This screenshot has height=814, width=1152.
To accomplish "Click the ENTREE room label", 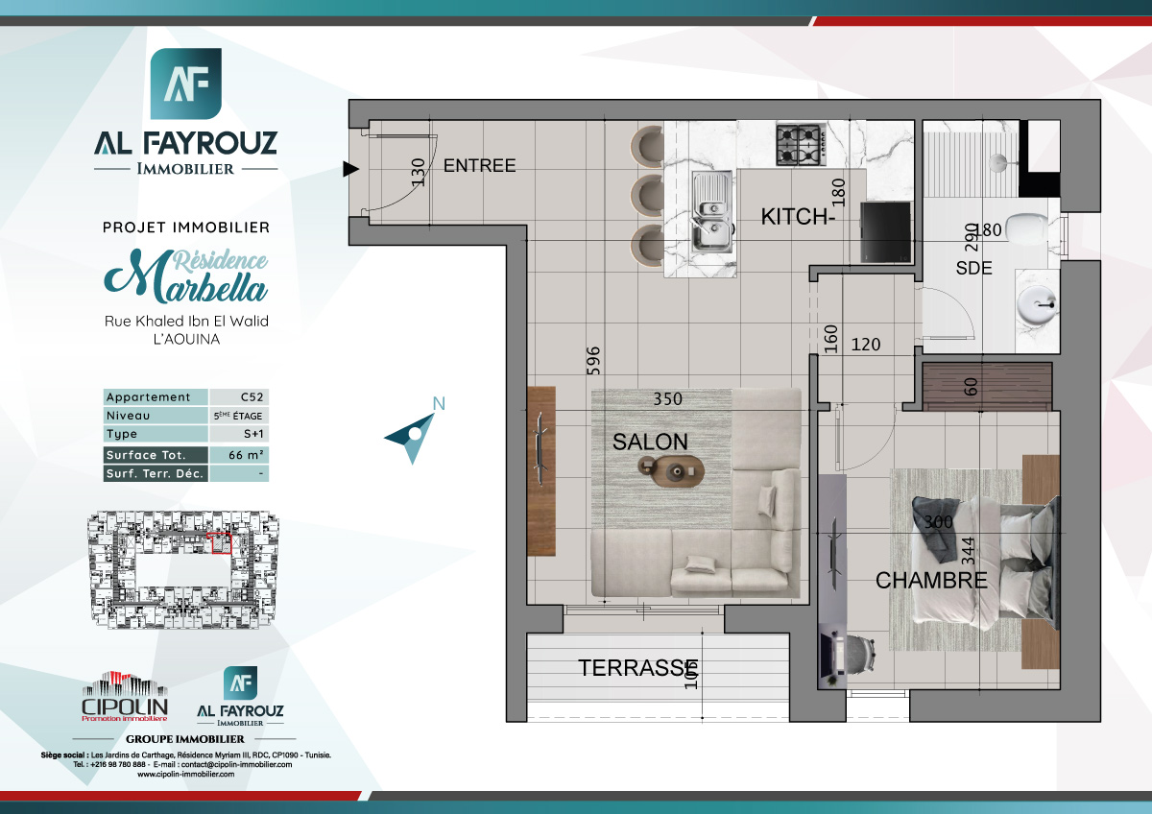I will (x=479, y=165).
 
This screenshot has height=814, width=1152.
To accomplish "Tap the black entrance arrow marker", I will (x=351, y=170).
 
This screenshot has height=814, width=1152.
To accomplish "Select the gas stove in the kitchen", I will (x=799, y=143).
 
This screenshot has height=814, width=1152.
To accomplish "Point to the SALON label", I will (x=650, y=442).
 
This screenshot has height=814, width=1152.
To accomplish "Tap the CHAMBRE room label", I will (x=930, y=580).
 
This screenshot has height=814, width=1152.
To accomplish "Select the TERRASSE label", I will (x=637, y=668).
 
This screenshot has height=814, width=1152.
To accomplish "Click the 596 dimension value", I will (x=594, y=364).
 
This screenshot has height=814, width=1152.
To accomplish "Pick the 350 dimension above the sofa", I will (x=668, y=398).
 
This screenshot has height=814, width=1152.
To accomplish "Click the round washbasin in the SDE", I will (x=1036, y=305).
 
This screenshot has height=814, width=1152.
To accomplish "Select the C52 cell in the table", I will (x=238, y=397).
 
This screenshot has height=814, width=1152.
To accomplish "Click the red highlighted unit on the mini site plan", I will (x=221, y=544).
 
